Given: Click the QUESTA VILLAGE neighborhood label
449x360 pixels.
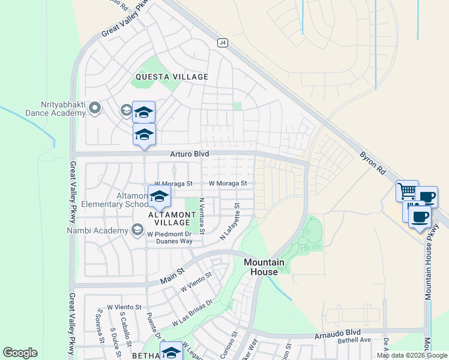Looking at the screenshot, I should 172,77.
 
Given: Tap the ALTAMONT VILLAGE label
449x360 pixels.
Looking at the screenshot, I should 164,218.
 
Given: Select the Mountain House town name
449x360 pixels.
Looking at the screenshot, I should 261,267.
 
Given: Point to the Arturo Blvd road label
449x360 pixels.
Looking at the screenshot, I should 189,154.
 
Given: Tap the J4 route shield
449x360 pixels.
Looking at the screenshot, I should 223,43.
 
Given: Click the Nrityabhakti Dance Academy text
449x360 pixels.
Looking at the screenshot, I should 55,109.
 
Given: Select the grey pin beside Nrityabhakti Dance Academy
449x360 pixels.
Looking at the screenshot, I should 94,108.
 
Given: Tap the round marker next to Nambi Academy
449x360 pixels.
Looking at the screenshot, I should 137,230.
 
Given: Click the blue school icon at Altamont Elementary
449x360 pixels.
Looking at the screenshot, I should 159,196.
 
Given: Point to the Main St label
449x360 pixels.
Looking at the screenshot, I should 172,280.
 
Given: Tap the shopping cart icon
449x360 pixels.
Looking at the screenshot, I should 407,191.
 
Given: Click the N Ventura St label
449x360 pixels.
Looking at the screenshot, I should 202,216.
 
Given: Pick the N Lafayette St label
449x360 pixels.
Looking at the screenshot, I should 231,223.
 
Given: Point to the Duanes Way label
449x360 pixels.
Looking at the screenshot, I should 174,242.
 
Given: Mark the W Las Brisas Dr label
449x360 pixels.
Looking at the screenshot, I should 192,314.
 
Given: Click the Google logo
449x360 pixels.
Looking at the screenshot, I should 20,352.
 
